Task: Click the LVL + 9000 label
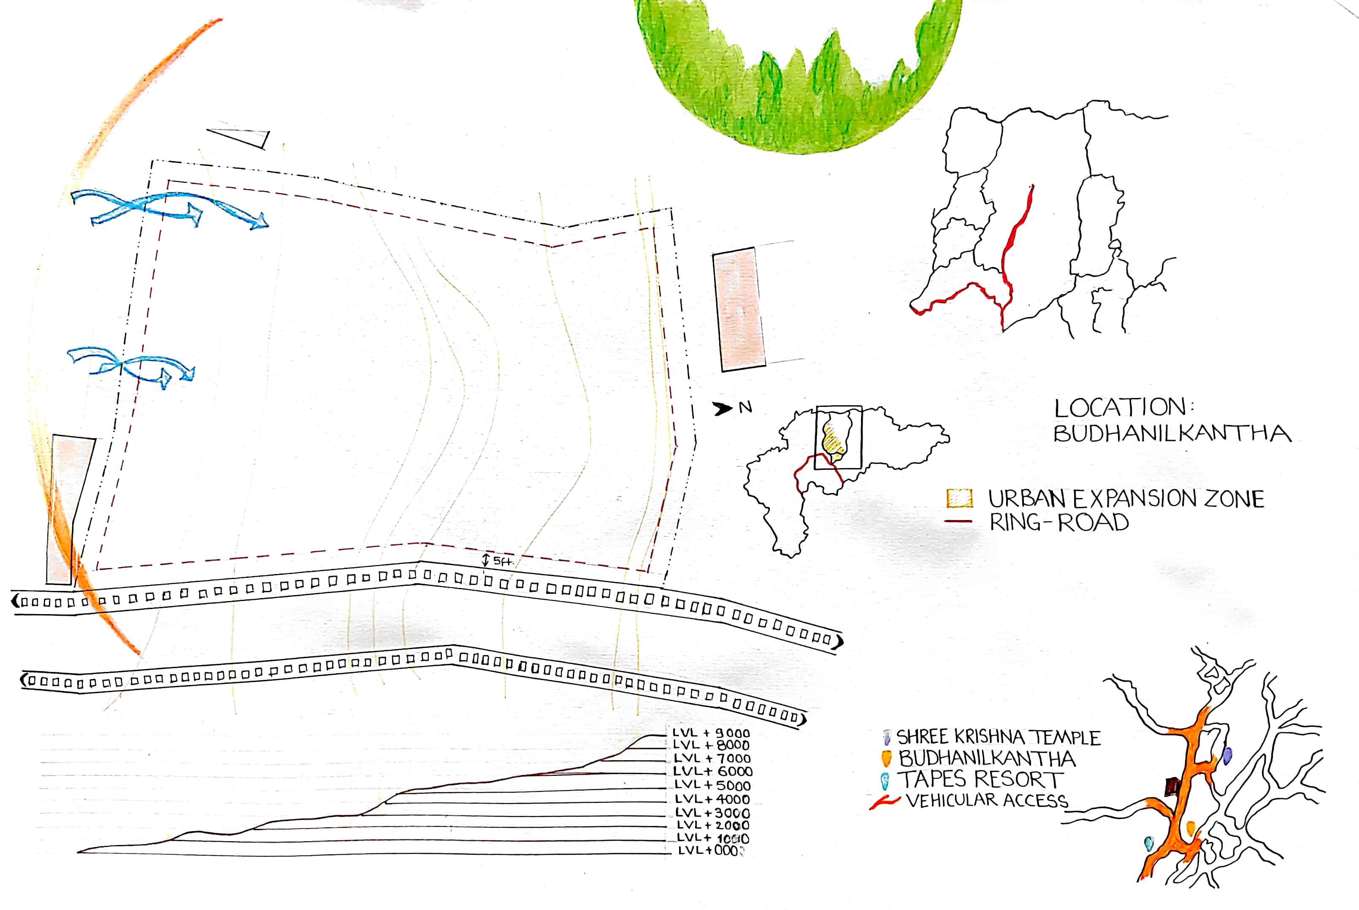711,733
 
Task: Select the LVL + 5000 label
712,785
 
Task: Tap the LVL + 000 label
710,851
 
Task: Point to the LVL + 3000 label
712,813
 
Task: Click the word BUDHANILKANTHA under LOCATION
1172,433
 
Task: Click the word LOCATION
1120,408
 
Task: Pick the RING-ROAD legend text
1059,523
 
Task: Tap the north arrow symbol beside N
723,409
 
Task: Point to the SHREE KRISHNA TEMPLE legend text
998,738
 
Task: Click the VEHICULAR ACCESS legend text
986,801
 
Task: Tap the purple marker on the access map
1227,756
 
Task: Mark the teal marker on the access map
1148,844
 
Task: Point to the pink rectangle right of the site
739,309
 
